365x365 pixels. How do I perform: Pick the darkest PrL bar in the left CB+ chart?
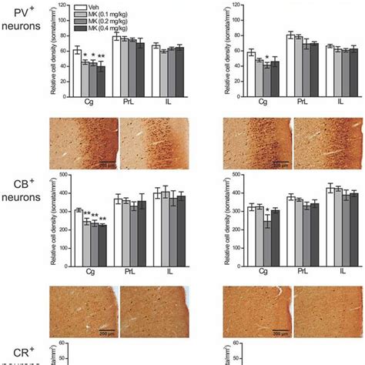[x=142, y=232]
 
